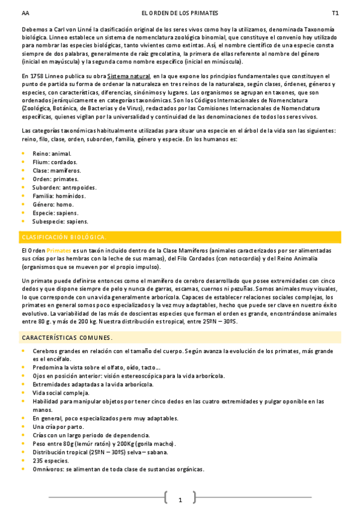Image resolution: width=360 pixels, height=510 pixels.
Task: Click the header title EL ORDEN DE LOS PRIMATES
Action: (x=180, y=13)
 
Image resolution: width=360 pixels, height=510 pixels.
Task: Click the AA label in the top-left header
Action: (x=25, y=13)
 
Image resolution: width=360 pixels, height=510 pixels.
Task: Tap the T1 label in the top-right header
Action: (x=335, y=13)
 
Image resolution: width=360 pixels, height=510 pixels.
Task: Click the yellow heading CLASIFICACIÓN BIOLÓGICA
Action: (x=63, y=237)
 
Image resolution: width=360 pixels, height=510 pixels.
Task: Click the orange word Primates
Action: (x=58, y=250)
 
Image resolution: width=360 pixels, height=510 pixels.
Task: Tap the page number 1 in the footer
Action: (x=180, y=500)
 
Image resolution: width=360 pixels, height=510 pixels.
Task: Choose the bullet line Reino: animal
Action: (x=52, y=153)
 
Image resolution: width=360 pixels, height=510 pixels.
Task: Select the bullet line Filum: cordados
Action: (x=55, y=162)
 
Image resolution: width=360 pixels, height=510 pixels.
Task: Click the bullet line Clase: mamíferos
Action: (x=56, y=170)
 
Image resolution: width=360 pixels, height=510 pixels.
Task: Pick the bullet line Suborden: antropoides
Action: (x=64, y=187)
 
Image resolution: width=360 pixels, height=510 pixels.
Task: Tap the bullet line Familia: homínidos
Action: (x=59, y=195)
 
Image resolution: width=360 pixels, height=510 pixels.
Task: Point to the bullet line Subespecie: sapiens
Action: (x=60, y=221)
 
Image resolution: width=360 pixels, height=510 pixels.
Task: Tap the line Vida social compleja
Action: (x=61, y=393)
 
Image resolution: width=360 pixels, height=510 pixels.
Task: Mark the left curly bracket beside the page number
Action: (x=166, y=497)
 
